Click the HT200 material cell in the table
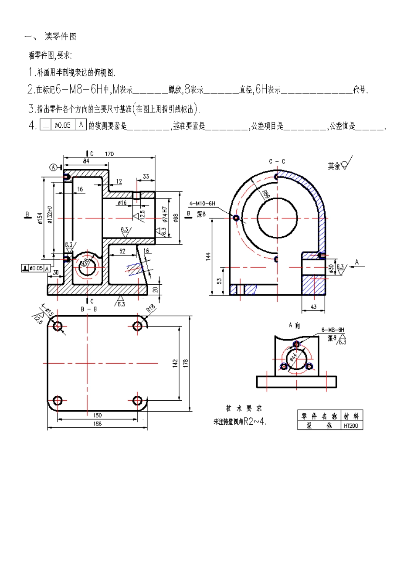pyautogui.click(x=351, y=426)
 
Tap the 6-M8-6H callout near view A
pyautogui.click(x=333, y=330)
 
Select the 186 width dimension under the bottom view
pyautogui.click(x=97, y=423)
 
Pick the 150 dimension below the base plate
pyautogui.click(x=97, y=416)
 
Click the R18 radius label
pyautogui.click(x=150, y=308)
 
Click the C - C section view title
pyautogui.click(x=277, y=161)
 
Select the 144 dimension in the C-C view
pyautogui.click(x=208, y=256)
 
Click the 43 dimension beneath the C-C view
pyautogui.click(x=313, y=307)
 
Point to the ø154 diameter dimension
pyautogui.click(x=40, y=218)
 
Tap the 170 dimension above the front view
pyautogui.click(x=109, y=154)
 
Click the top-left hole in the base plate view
pyautogui.click(x=57, y=326)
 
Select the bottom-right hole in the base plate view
pyautogui.click(x=137, y=400)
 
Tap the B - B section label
pyautogui.click(x=88, y=308)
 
